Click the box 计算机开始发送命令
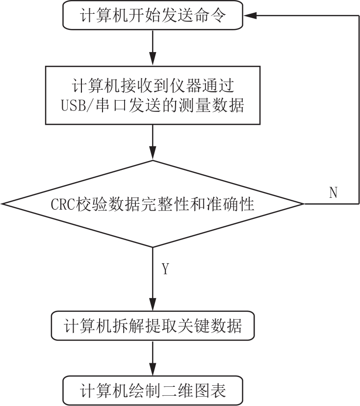click(153, 15)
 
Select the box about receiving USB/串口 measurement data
click(153, 95)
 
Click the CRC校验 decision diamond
click(153, 204)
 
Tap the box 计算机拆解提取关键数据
click(153, 325)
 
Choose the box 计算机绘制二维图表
click(153, 390)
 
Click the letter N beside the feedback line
click(334, 192)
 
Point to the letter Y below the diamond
click(165, 269)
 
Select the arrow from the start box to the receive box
click(153, 48)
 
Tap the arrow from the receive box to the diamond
click(153, 142)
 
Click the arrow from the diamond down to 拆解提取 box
click(153, 279)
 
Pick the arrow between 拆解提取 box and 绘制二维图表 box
click(153, 358)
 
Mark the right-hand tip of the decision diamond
click(305, 204)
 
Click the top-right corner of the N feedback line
click(359, 15)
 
